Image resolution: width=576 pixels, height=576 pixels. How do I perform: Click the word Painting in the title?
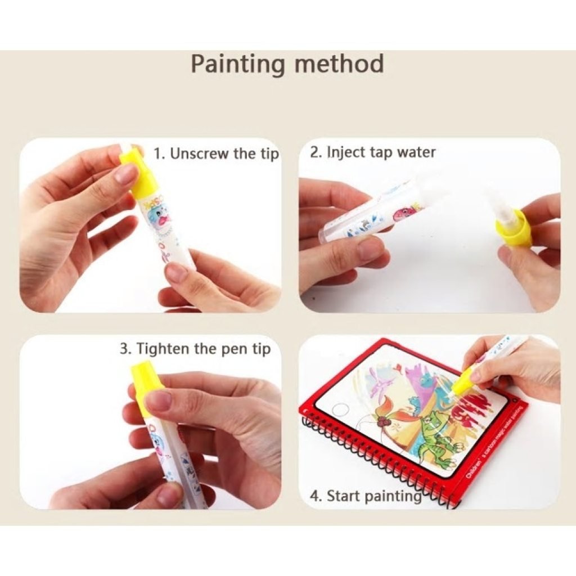point(238,65)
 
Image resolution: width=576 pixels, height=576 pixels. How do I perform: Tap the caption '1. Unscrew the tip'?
point(217,154)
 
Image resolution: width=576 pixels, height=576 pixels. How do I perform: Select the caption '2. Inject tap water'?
point(372,152)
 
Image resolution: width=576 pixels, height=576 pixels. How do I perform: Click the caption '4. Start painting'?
point(366,496)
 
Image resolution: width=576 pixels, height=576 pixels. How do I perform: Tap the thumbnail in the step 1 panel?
point(127,174)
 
